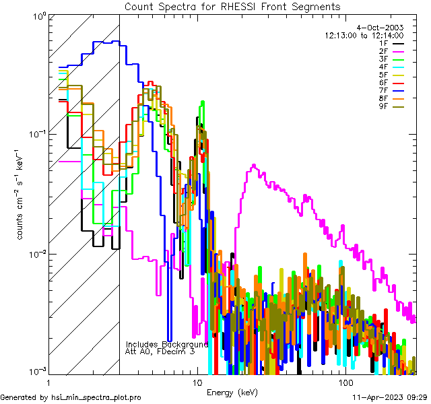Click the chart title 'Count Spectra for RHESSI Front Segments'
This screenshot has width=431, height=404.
point(232,6)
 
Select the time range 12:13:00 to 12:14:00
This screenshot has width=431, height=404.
point(364,35)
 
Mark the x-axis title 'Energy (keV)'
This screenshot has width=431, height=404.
point(232,392)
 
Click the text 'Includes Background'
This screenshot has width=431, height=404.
point(167,344)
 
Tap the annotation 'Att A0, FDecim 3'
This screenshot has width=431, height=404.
point(160,351)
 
